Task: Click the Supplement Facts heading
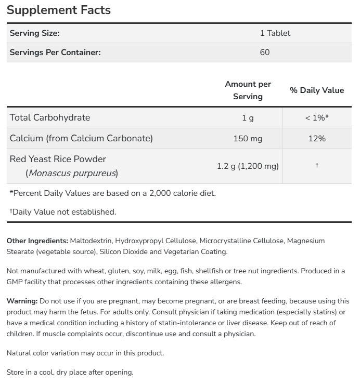(58, 10)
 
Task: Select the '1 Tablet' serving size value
(275, 33)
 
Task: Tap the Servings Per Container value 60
(264, 52)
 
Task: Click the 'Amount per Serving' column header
(248, 90)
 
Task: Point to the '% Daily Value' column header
(316, 90)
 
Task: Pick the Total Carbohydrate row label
(50, 117)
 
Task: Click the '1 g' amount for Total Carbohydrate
(248, 118)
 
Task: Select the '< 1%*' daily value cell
(316, 118)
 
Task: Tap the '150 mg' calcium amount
(248, 139)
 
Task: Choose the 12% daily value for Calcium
(316, 139)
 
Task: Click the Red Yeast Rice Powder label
(58, 159)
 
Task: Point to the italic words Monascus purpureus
(72, 173)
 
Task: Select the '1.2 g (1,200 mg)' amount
(248, 166)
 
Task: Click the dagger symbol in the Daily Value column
(316, 166)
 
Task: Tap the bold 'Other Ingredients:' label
(37, 241)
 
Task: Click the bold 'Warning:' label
(22, 301)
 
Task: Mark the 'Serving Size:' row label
(35, 33)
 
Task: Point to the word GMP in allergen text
(15, 282)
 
